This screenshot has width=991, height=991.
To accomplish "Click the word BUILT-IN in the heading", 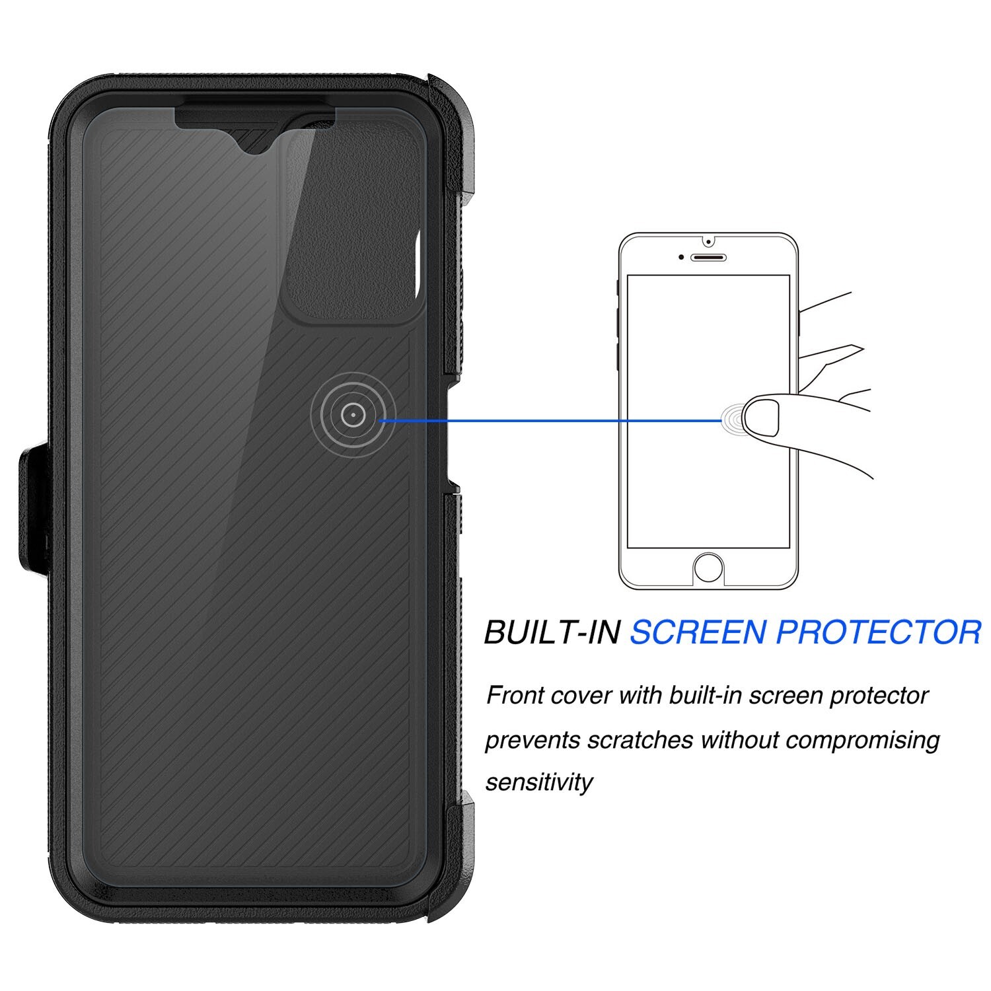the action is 552,632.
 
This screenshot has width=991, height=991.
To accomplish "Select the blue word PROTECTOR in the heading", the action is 878,632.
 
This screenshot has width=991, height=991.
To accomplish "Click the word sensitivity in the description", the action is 539,782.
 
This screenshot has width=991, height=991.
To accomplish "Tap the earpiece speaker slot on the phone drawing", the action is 709,256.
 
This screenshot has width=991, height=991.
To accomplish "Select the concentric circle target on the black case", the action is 353,415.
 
